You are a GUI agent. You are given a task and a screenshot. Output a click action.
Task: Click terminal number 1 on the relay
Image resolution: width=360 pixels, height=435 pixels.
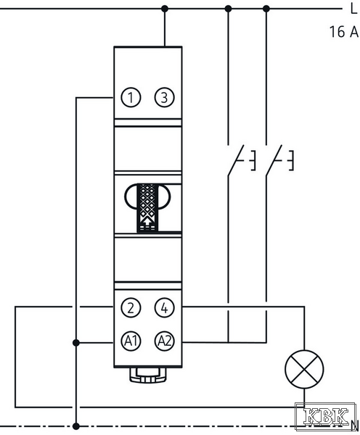pyautogui.click(x=131, y=97)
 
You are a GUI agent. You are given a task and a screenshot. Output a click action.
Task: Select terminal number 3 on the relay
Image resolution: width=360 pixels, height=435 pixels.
pyautogui.click(x=165, y=97)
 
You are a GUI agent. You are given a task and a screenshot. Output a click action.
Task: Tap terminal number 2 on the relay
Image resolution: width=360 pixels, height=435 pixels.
pyautogui.click(x=131, y=307)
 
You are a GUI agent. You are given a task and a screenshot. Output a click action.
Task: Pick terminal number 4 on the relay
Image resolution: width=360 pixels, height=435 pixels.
pyautogui.click(x=165, y=307)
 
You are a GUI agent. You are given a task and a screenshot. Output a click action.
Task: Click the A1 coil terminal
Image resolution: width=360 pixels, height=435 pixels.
pyautogui.click(x=131, y=341)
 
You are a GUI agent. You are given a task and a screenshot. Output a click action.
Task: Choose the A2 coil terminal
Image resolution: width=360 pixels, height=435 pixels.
pyautogui.click(x=165, y=341)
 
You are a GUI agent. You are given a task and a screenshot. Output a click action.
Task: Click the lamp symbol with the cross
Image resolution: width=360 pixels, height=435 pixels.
pyautogui.click(x=304, y=369)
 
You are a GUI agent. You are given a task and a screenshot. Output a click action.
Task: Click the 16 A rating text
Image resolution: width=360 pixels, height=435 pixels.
pyautogui.click(x=344, y=31)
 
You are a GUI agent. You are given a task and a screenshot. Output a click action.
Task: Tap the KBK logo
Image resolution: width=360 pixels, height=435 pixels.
pyautogui.click(x=326, y=416)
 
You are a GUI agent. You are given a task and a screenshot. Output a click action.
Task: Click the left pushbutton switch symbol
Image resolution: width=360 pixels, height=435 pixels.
pyautogui.click(x=240, y=160)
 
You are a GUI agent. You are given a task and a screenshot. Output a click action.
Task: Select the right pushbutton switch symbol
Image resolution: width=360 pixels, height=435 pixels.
pyautogui.click(x=279, y=160)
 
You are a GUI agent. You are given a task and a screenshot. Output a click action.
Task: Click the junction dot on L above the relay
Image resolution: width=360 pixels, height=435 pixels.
pyautogui.click(x=165, y=9)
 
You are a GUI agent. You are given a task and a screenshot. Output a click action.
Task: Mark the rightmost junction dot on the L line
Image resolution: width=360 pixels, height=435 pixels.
pyautogui.click(x=266, y=9)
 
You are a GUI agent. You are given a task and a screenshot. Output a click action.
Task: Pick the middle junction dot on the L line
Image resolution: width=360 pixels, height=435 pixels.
pyautogui.click(x=228, y=9)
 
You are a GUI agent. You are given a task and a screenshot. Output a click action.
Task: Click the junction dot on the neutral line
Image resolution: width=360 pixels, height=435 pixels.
pyautogui.click(x=75, y=426)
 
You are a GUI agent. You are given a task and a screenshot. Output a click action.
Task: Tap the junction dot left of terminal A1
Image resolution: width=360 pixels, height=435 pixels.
pyautogui.click(x=75, y=343)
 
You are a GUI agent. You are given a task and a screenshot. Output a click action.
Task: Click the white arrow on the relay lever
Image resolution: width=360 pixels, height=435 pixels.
pyautogui.click(x=147, y=220)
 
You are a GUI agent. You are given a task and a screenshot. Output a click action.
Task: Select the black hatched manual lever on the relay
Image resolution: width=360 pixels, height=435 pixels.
pyautogui.click(x=147, y=208)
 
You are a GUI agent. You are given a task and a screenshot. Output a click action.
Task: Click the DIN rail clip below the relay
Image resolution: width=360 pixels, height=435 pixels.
pyautogui.click(x=148, y=375)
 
